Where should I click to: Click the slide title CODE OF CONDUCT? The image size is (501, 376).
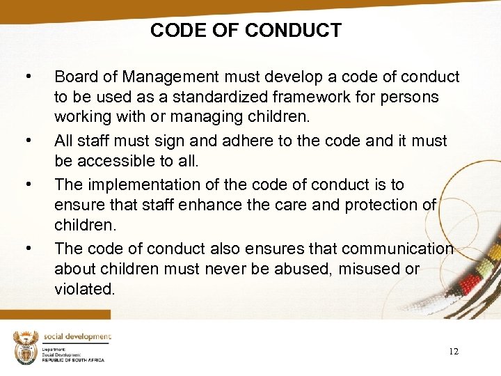point(246,31)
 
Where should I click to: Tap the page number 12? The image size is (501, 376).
point(453,352)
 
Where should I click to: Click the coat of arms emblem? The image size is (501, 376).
point(25,346)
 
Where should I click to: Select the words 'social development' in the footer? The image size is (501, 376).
point(77,336)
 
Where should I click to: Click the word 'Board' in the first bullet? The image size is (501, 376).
point(76,76)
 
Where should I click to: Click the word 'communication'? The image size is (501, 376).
point(395,249)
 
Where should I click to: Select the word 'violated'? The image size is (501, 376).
point(84,288)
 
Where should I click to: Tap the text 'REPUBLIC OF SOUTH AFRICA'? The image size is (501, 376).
point(72,360)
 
